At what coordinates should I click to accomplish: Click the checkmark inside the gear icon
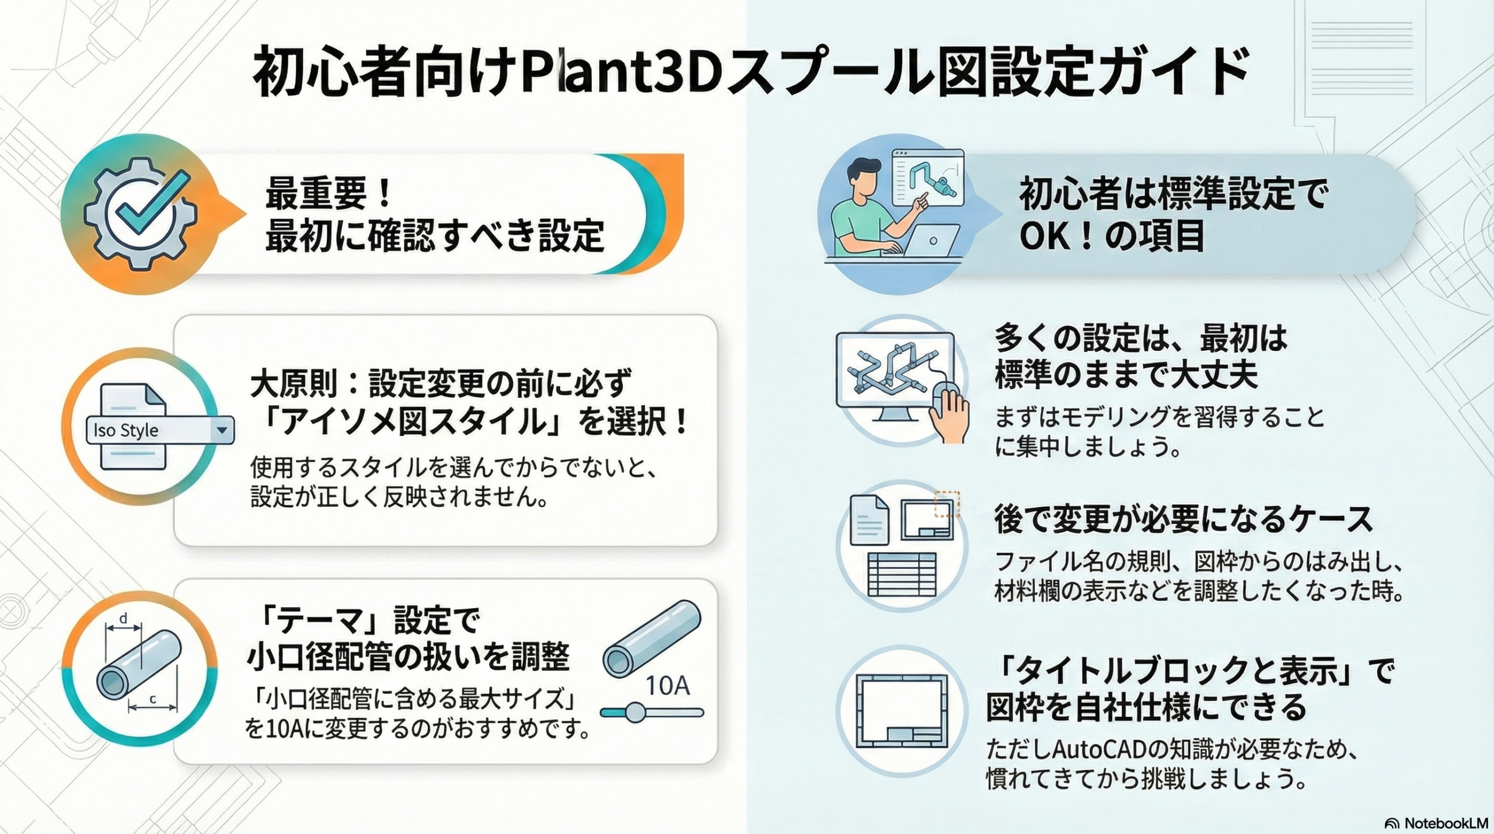pos(153,201)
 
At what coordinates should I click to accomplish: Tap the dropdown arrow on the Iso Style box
pos(222,430)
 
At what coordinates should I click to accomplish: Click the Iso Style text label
pos(126,430)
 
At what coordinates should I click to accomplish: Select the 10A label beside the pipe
pos(667,686)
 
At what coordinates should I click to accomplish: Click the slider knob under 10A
pos(634,712)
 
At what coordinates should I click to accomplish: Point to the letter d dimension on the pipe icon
pos(123,619)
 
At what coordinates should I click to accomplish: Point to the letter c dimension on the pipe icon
pos(153,699)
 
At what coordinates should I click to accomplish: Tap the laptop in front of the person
pos(931,240)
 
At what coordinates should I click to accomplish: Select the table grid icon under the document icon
pos(902,574)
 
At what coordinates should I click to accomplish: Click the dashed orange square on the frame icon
pos(947,504)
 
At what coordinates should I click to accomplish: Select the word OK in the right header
pos(1045,236)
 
